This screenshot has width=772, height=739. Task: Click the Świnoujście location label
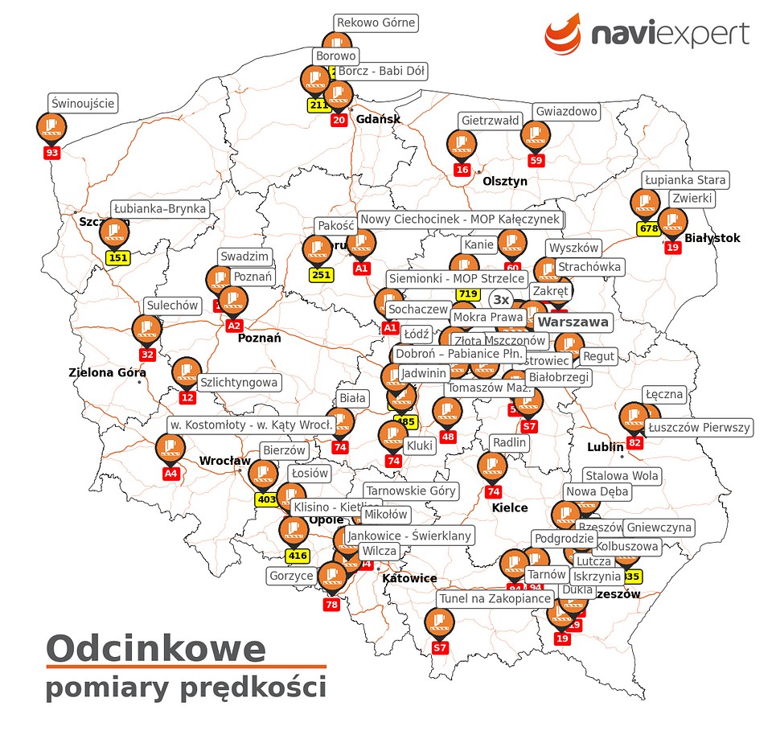pyautogui.click(x=83, y=103)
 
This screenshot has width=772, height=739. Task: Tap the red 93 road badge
pyautogui.click(x=52, y=152)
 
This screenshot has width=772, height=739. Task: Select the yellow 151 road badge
pyautogui.click(x=118, y=258)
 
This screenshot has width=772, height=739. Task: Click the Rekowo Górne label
pyautogui.click(x=376, y=23)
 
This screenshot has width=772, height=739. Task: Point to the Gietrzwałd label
pyautogui.click(x=490, y=121)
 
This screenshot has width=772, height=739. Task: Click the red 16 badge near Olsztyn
pyautogui.click(x=462, y=170)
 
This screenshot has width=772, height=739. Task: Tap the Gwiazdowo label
pyautogui.click(x=566, y=111)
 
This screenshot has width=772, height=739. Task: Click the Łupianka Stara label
pyautogui.click(x=685, y=179)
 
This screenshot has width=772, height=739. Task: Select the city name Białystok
pyautogui.click(x=712, y=238)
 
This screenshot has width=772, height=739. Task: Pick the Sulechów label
pyautogui.click(x=172, y=306)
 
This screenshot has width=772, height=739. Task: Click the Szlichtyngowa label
pyautogui.click(x=238, y=383)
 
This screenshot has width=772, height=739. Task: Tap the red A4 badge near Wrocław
pyautogui.click(x=170, y=474)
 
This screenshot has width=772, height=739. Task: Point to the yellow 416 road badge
pyautogui.click(x=298, y=556)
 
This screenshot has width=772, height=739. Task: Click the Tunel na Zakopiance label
pyautogui.click(x=495, y=598)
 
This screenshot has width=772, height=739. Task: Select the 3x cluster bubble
pyautogui.click(x=501, y=300)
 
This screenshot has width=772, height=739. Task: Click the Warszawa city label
pyautogui.click(x=573, y=322)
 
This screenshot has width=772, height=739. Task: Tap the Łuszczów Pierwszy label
pyautogui.click(x=698, y=427)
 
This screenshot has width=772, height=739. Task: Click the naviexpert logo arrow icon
pyautogui.click(x=563, y=32)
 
